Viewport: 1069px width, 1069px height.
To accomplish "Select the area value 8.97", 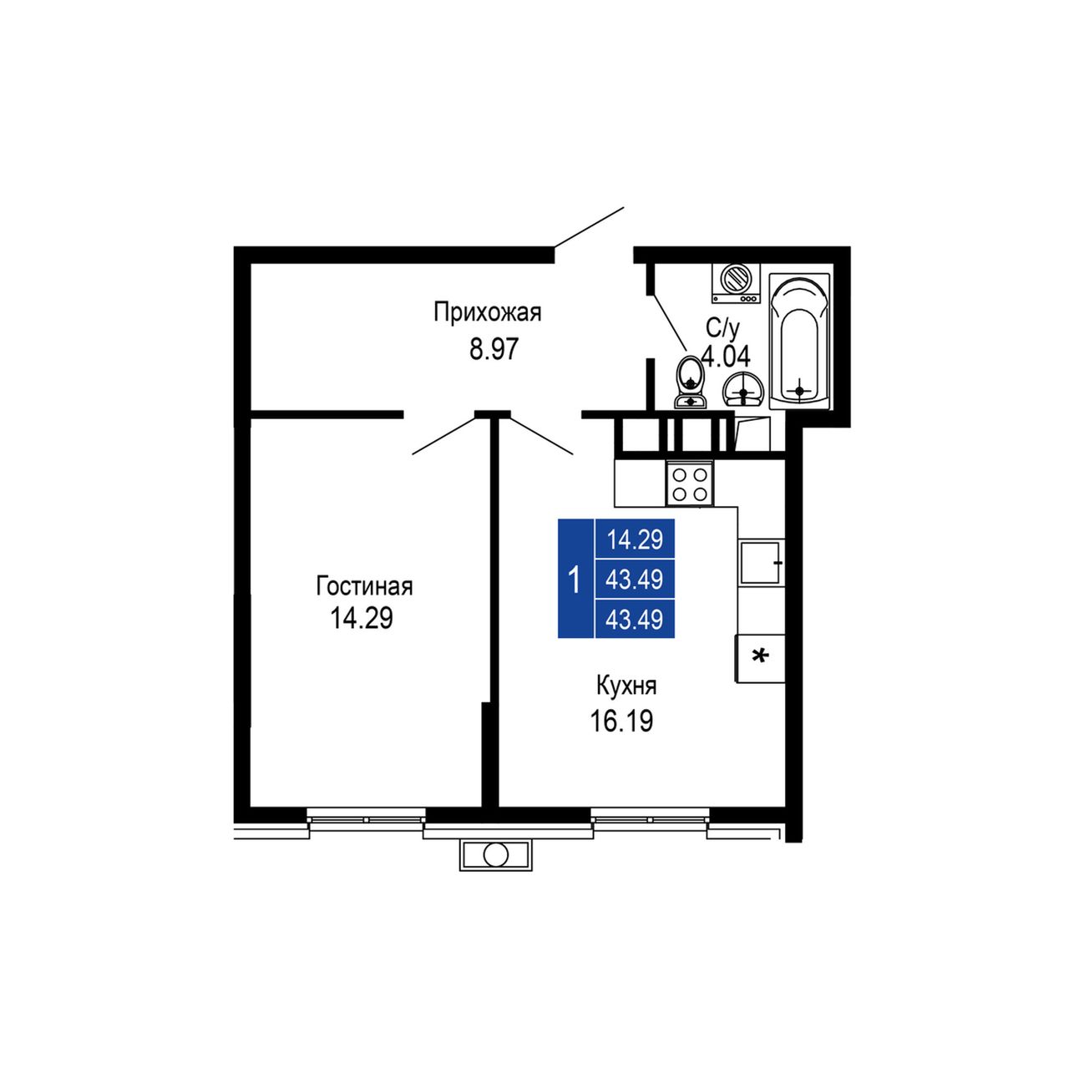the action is (x=494, y=350).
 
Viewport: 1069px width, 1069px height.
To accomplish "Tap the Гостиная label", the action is (x=364, y=585).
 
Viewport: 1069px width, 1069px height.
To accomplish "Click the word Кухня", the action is (x=626, y=686).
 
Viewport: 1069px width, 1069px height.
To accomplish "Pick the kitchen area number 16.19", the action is (x=621, y=722).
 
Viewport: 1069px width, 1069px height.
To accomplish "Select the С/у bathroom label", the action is (x=723, y=329).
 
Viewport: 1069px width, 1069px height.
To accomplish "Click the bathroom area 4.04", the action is (x=726, y=356).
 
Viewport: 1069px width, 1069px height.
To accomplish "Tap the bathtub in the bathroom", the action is (x=799, y=342).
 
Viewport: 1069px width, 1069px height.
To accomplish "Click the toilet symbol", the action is (x=690, y=382).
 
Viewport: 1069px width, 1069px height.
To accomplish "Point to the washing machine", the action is (x=736, y=283).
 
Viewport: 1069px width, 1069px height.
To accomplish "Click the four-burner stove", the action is (x=690, y=484).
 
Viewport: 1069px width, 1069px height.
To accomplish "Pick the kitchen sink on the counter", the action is (x=761, y=562).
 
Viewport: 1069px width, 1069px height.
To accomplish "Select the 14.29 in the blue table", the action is (x=635, y=540).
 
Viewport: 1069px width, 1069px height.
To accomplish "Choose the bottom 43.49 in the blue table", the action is (x=635, y=620).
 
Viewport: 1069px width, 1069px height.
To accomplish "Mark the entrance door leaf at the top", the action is (x=589, y=227).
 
